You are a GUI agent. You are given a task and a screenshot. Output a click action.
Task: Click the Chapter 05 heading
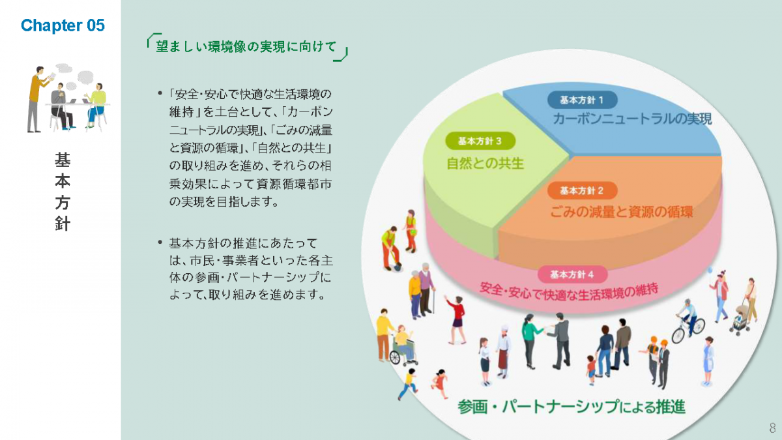pyautogui.click(x=63, y=25)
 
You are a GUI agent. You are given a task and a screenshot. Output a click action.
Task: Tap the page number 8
pyautogui.click(x=772, y=428)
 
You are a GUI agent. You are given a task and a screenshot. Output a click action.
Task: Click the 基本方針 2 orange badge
pyautogui.click(x=583, y=190)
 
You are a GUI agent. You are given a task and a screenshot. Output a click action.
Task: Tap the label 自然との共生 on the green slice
pyautogui.click(x=485, y=163)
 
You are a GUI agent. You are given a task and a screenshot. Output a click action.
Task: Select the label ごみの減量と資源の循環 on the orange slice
pyautogui.click(x=621, y=213)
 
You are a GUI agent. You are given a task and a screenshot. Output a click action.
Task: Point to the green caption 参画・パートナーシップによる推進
pyautogui.click(x=571, y=407)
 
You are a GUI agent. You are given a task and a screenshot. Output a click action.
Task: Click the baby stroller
pyautogui.click(x=740, y=319)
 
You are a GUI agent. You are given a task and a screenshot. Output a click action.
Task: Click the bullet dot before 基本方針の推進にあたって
pyautogui.click(x=160, y=242)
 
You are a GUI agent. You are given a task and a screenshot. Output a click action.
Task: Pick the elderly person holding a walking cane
pyautogui.click(x=426, y=287)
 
